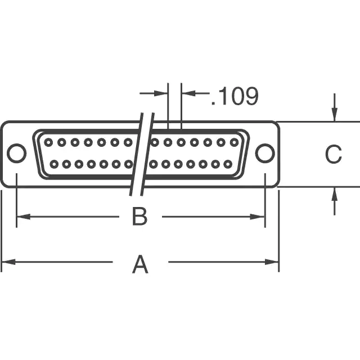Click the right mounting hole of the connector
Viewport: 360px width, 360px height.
[x=264, y=153]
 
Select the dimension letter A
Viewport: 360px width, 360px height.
[x=140, y=264]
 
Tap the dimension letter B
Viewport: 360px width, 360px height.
[x=139, y=217]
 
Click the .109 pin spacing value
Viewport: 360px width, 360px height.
[x=235, y=97]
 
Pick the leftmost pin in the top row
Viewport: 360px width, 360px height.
[x=48, y=142]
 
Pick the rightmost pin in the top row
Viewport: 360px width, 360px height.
[x=233, y=142]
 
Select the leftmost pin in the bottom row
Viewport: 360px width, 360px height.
[x=55, y=164]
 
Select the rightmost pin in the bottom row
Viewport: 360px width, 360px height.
[x=227, y=164]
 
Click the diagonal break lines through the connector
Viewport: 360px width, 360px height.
[x=142, y=154]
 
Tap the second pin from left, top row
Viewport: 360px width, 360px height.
[x=61, y=142]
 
